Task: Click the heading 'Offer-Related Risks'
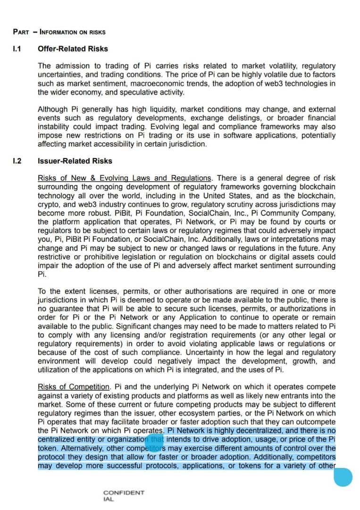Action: click(73, 49)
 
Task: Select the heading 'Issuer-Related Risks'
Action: click(75, 161)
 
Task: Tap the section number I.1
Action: click(17, 49)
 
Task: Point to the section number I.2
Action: click(17, 161)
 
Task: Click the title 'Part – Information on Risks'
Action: click(59, 32)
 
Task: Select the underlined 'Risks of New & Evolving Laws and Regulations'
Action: click(125, 178)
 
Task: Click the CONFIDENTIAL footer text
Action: click(124, 496)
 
